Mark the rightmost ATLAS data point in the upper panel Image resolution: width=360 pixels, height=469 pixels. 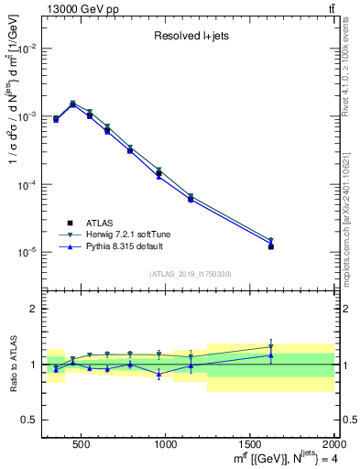point(271,246)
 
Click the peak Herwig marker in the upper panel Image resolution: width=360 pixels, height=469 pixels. point(72,104)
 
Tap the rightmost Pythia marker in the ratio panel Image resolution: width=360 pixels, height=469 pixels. point(271,355)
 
